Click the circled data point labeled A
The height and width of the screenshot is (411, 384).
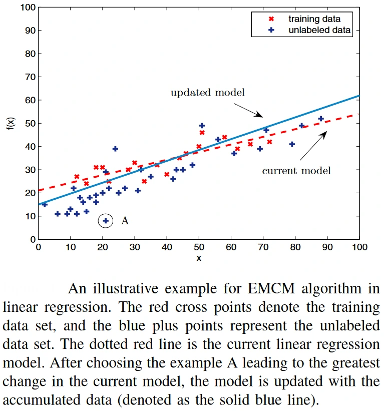click(x=105, y=221)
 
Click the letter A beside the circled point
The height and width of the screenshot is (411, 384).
click(x=125, y=221)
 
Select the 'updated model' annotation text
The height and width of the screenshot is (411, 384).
click(x=207, y=93)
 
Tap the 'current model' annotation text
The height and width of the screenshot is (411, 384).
click(x=296, y=171)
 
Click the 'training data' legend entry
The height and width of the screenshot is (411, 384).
click(x=314, y=19)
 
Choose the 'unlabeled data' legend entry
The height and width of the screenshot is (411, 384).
click(x=319, y=30)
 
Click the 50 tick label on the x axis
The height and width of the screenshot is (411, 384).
click(x=199, y=247)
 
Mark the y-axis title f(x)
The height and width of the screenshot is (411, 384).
click(x=11, y=123)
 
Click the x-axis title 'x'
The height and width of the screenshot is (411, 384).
click(x=199, y=258)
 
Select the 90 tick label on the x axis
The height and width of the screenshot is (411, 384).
click(x=327, y=247)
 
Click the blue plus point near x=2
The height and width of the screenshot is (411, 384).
click(x=44, y=204)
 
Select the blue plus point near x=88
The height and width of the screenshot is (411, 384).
click(x=321, y=119)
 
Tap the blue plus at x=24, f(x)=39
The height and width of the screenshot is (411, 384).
click(x=115, y=149)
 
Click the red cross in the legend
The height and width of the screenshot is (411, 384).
click(x=271, y=19)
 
